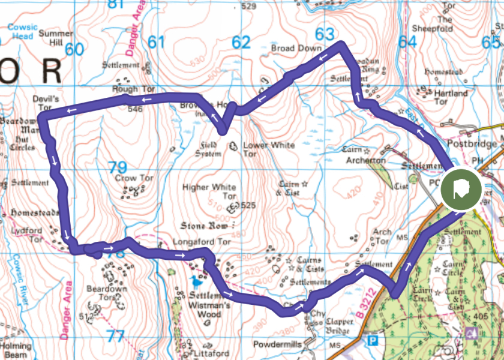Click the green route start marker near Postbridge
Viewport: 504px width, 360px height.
point(461,190)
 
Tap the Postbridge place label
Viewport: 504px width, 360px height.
point(472,144)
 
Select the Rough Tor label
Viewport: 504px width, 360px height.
point(133,89)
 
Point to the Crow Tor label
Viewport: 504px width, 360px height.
point(134,178)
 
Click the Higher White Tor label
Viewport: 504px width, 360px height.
point(209,192)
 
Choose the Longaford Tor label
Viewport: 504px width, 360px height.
point(202,242)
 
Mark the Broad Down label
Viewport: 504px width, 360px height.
point(296,48)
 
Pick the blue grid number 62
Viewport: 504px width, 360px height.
point(241,42)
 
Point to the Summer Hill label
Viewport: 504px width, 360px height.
point(56,38)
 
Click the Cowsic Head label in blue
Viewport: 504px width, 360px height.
point(23,31)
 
